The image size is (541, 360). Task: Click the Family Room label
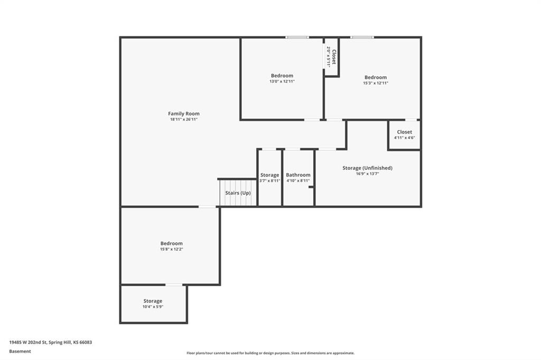pyautogui.click(x=183, y=113)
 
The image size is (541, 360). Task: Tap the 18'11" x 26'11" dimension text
pyautogui.click(x=183, y=119)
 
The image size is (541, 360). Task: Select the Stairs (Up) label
pyautogui.click(x=238, y=193)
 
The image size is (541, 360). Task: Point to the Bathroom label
pyautogui.click(x=298, y=175)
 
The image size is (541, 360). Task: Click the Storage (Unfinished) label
pyautogui.click(x=368, y=168)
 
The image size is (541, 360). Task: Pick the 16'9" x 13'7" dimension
pyautogui.click(x=368, y=174)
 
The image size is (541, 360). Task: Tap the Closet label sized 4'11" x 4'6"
pyautogui.click(x=404, y=132)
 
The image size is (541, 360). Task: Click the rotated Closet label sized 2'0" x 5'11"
pyautogui.click(x=334, y=57)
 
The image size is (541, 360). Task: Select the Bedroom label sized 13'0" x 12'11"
pyautogui.click(x=282, y=75)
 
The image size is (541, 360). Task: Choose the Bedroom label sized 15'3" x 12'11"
pyautogui.click(x=376, y=77)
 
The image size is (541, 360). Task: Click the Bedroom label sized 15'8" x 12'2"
pyautogui.click(x=172, y=243)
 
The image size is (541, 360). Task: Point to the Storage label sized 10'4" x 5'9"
pyautogui.click(x=153, y=301)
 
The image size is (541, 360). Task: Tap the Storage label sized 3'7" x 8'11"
pyautogui.click(x=269, y=175)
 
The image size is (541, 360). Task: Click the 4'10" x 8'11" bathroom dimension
pyautogui.click(x=298, y=181)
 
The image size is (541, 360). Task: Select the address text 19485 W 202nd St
pyautogui.click(x=28, y=343)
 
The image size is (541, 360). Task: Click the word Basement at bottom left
pyautogui.click(x=20, y=352)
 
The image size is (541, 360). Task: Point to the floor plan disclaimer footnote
pyautogui.click(x=270, y=353)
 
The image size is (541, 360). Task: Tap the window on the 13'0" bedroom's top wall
pyautogui.click(x=297, y=37)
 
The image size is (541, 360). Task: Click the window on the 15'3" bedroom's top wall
pyautogui.click(x=362, y=37)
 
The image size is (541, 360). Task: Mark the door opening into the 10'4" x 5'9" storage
pyautogui.click(x=174, y=285)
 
